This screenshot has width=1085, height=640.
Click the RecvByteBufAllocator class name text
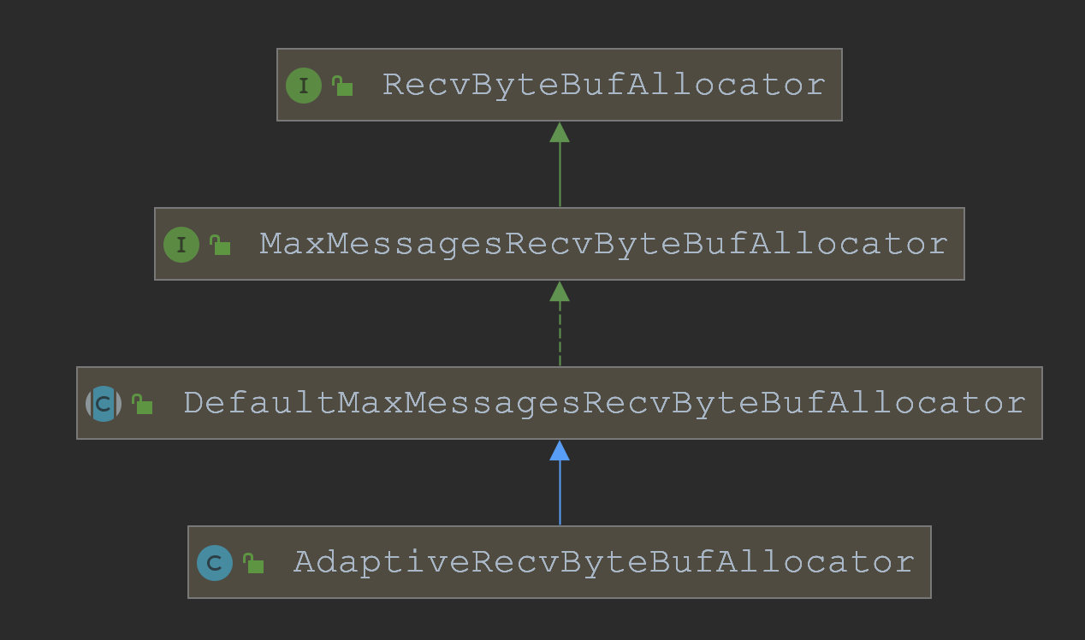click(x=603, y=85)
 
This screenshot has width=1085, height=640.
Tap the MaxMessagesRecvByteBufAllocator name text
click(x=603, y=244)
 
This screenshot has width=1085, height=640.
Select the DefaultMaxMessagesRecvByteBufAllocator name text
click(x=604, y=403)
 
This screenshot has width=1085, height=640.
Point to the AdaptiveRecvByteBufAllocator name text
click(x=604, y=562)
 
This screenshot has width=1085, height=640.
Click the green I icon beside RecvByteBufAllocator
click(x=303, y=86)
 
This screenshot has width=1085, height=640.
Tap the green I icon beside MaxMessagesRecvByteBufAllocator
click(x=181, y=245)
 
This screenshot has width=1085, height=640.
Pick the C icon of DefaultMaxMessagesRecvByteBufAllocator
click(x=104, y=404)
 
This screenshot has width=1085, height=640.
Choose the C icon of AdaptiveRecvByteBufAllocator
click(x=214, y=563)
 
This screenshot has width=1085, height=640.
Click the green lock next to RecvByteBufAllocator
click(x=342, y=86)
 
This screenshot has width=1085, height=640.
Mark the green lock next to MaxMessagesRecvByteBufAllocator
click(x=220, y=245)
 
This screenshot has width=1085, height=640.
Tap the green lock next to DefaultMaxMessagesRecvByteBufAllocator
click(x=142, y=404)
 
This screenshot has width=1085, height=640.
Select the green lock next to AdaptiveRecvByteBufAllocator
click(x=253, y=563)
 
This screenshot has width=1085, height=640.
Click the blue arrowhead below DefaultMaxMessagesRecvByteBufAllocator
click(x=560, y=451)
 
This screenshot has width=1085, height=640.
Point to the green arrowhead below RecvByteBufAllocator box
click(x=560, y=133)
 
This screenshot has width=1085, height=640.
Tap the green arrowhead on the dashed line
click(x=560, y=292)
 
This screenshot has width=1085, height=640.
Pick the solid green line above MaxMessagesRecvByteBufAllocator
click(x=560, y=175)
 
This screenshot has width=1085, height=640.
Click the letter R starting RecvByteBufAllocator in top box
click(x=393, y=85)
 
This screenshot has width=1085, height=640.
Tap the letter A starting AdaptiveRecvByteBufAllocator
click(x=304, y=562)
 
